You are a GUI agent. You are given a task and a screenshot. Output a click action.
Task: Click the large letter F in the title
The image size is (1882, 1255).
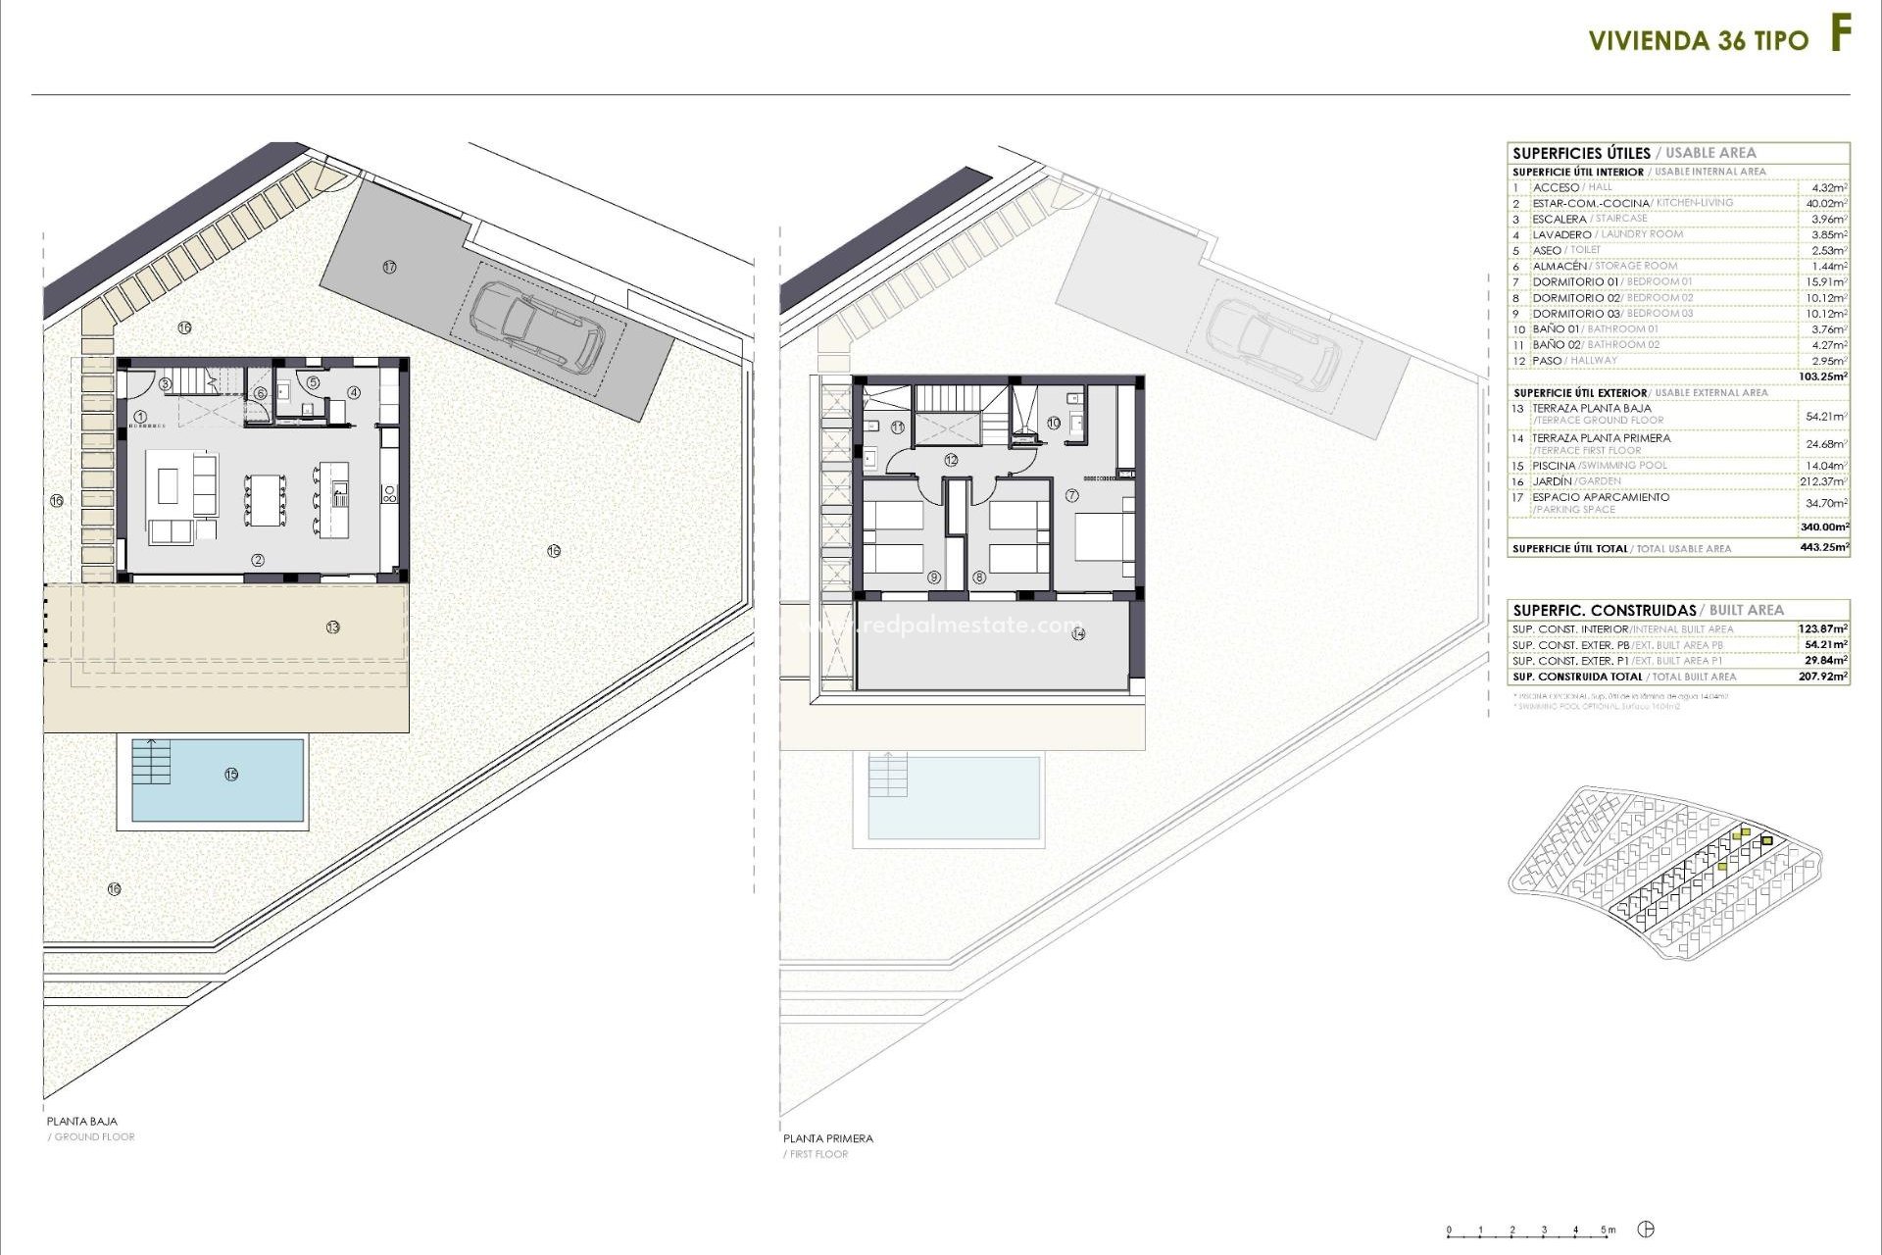(x=1841, y=36)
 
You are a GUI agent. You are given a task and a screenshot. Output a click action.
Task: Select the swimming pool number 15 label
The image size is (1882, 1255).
(x=231, y=775)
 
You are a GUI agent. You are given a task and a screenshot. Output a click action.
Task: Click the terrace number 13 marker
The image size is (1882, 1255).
(x=333, y=627)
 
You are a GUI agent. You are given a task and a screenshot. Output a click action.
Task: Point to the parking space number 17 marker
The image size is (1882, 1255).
(x=390, y=267)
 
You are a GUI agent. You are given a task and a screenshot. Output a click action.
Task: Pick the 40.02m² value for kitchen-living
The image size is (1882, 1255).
(x=1826, y=204)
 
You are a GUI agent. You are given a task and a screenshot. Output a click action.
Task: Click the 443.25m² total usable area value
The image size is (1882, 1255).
(x=1825, y=548)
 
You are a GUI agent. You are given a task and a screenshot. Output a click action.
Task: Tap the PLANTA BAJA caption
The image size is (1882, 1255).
(x=82, y=1121)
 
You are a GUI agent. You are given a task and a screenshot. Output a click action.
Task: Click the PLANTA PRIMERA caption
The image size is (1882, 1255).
(x=828, y=1138)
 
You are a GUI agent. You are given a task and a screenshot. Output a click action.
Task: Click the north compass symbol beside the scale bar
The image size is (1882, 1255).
(x=1649, y=1230)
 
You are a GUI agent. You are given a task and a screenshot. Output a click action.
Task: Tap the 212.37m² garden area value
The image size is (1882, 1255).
(x=1825, y=481)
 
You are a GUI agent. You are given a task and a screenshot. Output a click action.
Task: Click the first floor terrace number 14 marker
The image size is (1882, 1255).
(x=1079, y=633)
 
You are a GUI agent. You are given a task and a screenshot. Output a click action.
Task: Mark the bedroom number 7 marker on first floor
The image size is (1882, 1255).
(x=1072, y=496)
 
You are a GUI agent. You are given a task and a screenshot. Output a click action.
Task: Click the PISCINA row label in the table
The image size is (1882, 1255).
(x=1554, y=466)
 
